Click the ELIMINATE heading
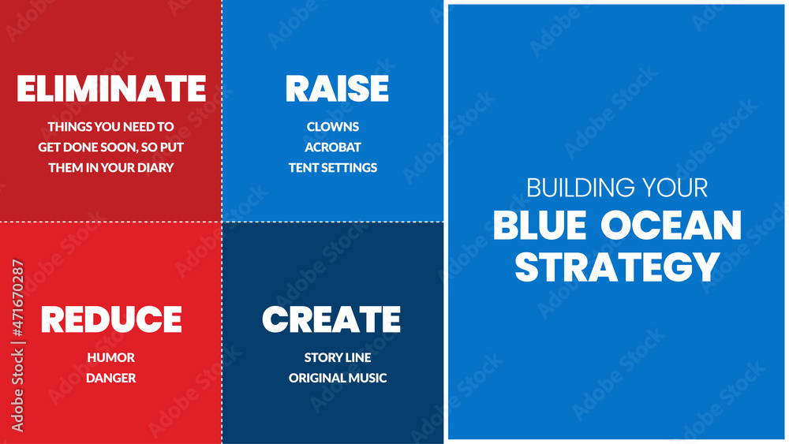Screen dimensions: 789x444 coord(111,88)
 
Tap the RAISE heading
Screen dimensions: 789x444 coord(337,88)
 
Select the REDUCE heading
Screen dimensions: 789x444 coord(111,319)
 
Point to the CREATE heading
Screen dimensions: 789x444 coord(331,319)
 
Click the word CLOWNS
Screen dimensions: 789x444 coord(333,127)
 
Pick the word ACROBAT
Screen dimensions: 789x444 coord(333,147)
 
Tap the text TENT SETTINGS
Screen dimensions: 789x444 coord(333,167)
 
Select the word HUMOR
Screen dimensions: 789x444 coord(110,357)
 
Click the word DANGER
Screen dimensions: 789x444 coord(110,378)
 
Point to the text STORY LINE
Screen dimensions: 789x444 coord(338,357)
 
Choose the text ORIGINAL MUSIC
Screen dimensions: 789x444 coord(338,378)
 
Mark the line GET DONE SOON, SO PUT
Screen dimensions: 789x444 coord(110,147)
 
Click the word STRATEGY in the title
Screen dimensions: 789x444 coord(617,267)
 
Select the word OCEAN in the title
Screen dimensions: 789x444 coord(671,225)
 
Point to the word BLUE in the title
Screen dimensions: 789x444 coord(540,225)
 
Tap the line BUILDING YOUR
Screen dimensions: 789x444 coord(617,188)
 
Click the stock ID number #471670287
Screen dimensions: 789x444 coord(17,298)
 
